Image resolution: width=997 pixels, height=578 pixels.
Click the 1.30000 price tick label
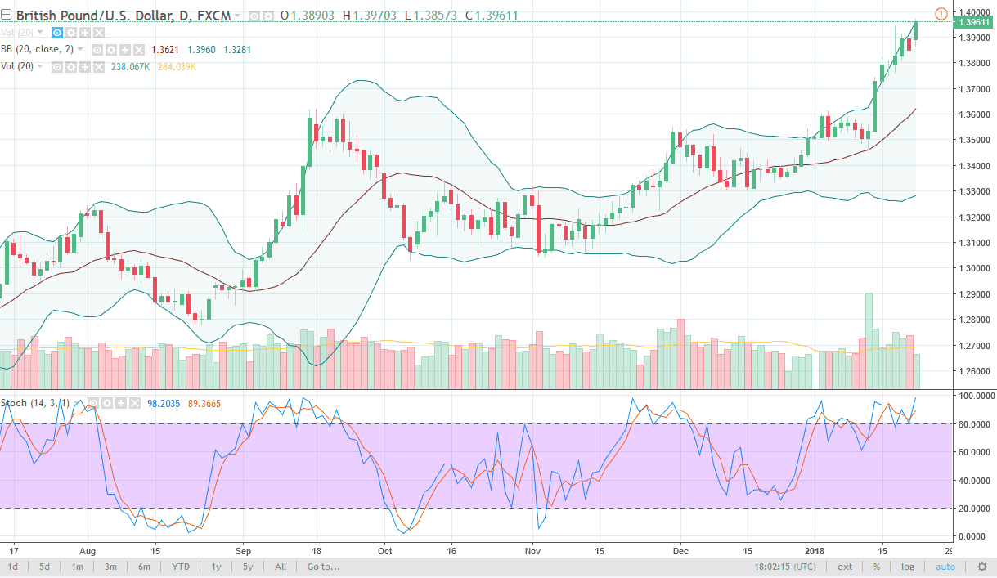point(972,268)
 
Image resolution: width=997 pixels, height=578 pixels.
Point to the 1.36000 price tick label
point(972,114)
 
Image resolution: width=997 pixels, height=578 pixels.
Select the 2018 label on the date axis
point(815,551)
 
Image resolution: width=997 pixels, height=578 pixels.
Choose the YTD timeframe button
point(182,567)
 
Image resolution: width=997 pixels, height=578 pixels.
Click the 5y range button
point(247,567)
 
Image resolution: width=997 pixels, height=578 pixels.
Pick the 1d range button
point(13,567)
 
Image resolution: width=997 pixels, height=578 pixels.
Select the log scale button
point(908,567)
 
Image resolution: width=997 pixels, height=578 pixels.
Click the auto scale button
point(945,567)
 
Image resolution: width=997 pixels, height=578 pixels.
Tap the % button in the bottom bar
point(877,567)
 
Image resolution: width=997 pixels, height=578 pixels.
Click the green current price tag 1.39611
point(972,22)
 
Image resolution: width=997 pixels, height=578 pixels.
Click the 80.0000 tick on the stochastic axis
point(972,423)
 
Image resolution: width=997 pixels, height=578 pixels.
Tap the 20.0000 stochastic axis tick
point(972,508)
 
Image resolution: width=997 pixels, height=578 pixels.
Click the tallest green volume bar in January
point(869,340)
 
